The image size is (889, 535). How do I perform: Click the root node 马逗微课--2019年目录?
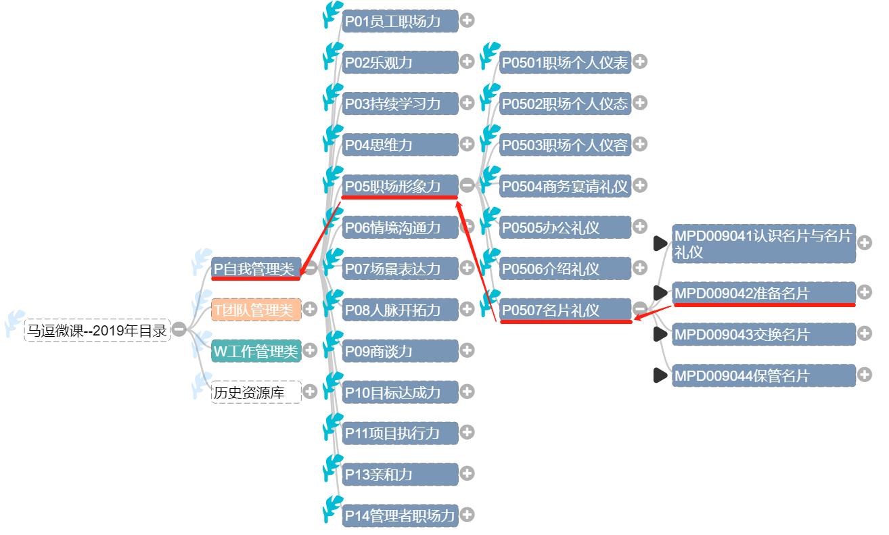96,330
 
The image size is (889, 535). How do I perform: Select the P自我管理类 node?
255,269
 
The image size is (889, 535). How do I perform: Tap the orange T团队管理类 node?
255,310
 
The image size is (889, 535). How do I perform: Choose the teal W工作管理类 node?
255,351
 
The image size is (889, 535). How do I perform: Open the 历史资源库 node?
255,392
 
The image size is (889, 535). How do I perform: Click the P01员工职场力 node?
399,21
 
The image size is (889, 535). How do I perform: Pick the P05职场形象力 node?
399,186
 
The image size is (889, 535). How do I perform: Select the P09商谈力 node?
399,351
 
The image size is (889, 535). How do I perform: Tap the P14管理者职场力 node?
399,515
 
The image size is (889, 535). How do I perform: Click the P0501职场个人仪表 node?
564,63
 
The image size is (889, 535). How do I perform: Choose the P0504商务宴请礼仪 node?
564,186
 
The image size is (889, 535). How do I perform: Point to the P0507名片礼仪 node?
564,310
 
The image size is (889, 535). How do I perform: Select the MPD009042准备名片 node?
762,293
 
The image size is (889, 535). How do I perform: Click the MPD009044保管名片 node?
762,375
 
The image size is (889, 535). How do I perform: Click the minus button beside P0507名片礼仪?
640,309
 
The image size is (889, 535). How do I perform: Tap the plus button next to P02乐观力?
467,62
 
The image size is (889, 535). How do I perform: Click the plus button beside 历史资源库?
310,392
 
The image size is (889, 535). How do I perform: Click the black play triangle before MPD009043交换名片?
660,334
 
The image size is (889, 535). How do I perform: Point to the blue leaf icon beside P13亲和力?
333,467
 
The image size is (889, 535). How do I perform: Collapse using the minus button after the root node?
179,329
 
